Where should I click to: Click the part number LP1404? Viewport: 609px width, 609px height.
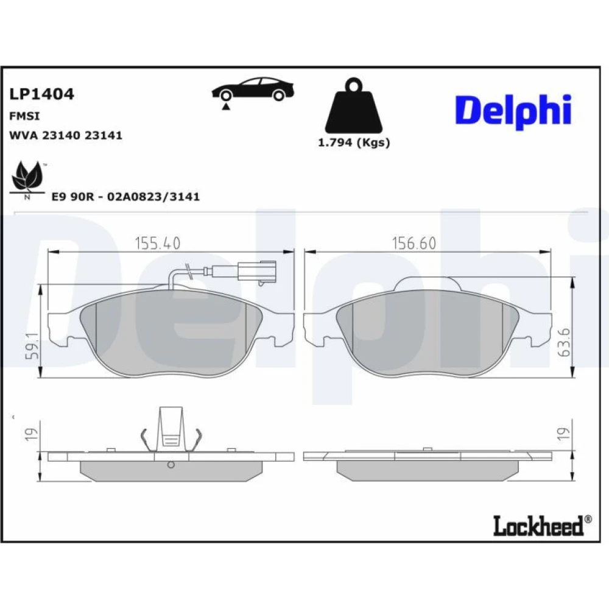click(x=41, y=94)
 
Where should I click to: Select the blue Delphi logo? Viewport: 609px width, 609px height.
click(x=513, y=111)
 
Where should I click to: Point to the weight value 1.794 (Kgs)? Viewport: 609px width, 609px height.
click(x=354, y=143)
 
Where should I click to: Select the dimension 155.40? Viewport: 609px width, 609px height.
click(x=157, y=244)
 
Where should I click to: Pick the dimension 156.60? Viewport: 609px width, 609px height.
click(x=414, y=244)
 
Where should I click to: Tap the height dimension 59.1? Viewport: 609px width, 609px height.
click(x=33, y=345)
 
